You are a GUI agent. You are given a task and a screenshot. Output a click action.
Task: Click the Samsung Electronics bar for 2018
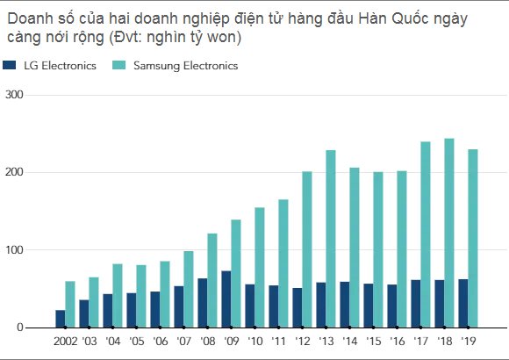449,233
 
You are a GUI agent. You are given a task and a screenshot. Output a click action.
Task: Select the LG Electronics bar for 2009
226,299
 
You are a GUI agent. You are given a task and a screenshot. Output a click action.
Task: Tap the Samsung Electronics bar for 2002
70,304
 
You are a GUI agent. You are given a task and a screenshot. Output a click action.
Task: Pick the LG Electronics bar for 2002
61,319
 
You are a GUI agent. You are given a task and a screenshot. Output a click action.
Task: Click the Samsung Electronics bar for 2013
331,239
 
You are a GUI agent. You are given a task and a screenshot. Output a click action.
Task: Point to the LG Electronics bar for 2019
463,303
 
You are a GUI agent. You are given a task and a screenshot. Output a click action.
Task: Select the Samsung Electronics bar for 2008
212,280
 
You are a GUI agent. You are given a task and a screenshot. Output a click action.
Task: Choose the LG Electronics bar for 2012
298,307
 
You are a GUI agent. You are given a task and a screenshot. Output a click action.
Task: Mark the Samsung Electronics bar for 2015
378,249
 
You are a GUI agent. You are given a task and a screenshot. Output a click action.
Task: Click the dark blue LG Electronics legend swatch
9,65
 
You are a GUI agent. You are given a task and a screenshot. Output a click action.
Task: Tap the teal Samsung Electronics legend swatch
118,65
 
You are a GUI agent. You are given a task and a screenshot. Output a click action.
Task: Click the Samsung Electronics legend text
186,66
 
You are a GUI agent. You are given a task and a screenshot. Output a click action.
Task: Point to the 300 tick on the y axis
14,95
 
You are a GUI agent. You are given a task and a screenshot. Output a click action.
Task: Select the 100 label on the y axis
14,250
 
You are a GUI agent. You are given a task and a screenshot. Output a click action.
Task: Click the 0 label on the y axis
20,328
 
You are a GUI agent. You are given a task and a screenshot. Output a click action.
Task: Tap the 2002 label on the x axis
66,342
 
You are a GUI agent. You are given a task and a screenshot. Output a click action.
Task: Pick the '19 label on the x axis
469,342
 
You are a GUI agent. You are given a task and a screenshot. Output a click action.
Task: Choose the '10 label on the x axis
255,342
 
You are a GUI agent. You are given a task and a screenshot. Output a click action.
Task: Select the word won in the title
222,37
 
